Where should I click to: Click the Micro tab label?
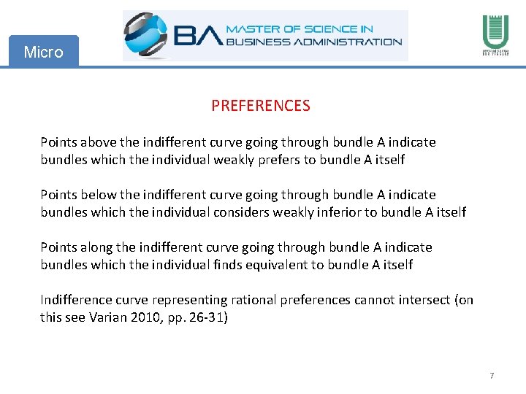pos(43,52)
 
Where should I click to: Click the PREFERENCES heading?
pos(261,106)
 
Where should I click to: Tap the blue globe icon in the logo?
pos(147,34)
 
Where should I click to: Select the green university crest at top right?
pos(495,32)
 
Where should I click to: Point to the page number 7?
pos(492,376)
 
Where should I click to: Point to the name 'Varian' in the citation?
pos(108,317)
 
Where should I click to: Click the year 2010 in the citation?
pos(145,317)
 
